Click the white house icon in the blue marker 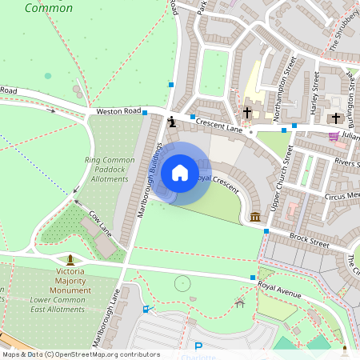pos(180,173)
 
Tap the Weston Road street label pos(118,111)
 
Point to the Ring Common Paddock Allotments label pos(110,170)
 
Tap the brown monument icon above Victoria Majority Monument pos(71,259)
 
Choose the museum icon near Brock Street pos(254,217)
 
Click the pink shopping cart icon pos(334,135)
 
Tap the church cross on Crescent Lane pos(247,113)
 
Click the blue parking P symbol pos(198,347)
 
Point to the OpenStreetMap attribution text pos(80,354)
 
